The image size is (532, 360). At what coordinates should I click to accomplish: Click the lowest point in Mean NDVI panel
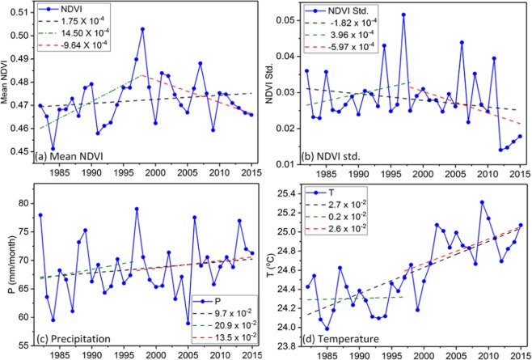pos(53,149)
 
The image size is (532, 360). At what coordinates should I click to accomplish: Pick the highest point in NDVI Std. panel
pos(403,15)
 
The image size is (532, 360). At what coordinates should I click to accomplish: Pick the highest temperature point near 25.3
pos(482,202)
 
